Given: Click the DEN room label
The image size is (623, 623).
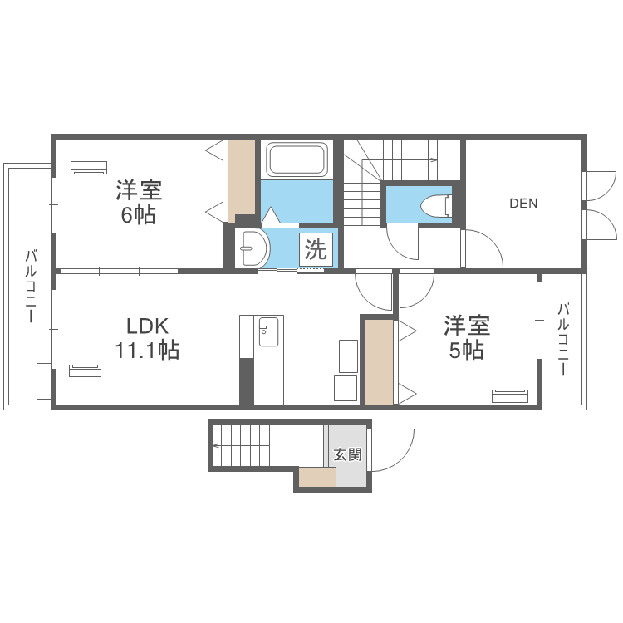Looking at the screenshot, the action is pyautogui.click(x=523, y=204).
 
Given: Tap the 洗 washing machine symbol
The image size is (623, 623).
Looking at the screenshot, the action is pyautogui.click(x=316, y=249).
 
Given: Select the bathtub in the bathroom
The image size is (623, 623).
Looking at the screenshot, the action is pyautogui.click(x=297, y=159).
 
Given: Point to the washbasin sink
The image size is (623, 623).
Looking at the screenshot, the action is pyautogui.click(x=253, y=248).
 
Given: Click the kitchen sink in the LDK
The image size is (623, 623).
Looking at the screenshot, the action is pyautogui.click(x=268, y=331).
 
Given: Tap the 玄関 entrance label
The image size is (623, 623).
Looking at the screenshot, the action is pyautogui.click(x=348, y=454).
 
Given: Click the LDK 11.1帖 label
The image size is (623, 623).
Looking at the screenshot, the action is pyautogui.click(x=147, y=339).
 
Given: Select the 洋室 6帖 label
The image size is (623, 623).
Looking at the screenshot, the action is pyautogui.click(x=139, y=203).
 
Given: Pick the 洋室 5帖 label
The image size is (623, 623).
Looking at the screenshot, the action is pyautogui.click(x=467, y=338).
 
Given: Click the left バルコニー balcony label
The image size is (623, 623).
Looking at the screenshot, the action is pyautogui.click(x=31, y=286).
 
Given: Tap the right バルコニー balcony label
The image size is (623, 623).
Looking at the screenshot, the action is pyautogui.click(x=563, y=339).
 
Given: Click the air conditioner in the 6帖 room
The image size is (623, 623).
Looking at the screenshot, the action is pyautogui.click(x=89, y=167).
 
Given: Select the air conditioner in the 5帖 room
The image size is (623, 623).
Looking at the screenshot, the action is pyautogui.click(x=510, y=396).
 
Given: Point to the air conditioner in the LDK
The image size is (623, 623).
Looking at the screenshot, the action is pyautogui.click(x=85, y=370).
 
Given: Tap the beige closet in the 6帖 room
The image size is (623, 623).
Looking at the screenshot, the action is pyautogui.click(x=242, y=181).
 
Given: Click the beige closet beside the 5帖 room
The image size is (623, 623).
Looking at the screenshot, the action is pyautogui.click(x=379, y=362).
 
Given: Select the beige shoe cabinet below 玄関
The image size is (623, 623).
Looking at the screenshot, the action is pyautogui.click(x=317, y=477).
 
